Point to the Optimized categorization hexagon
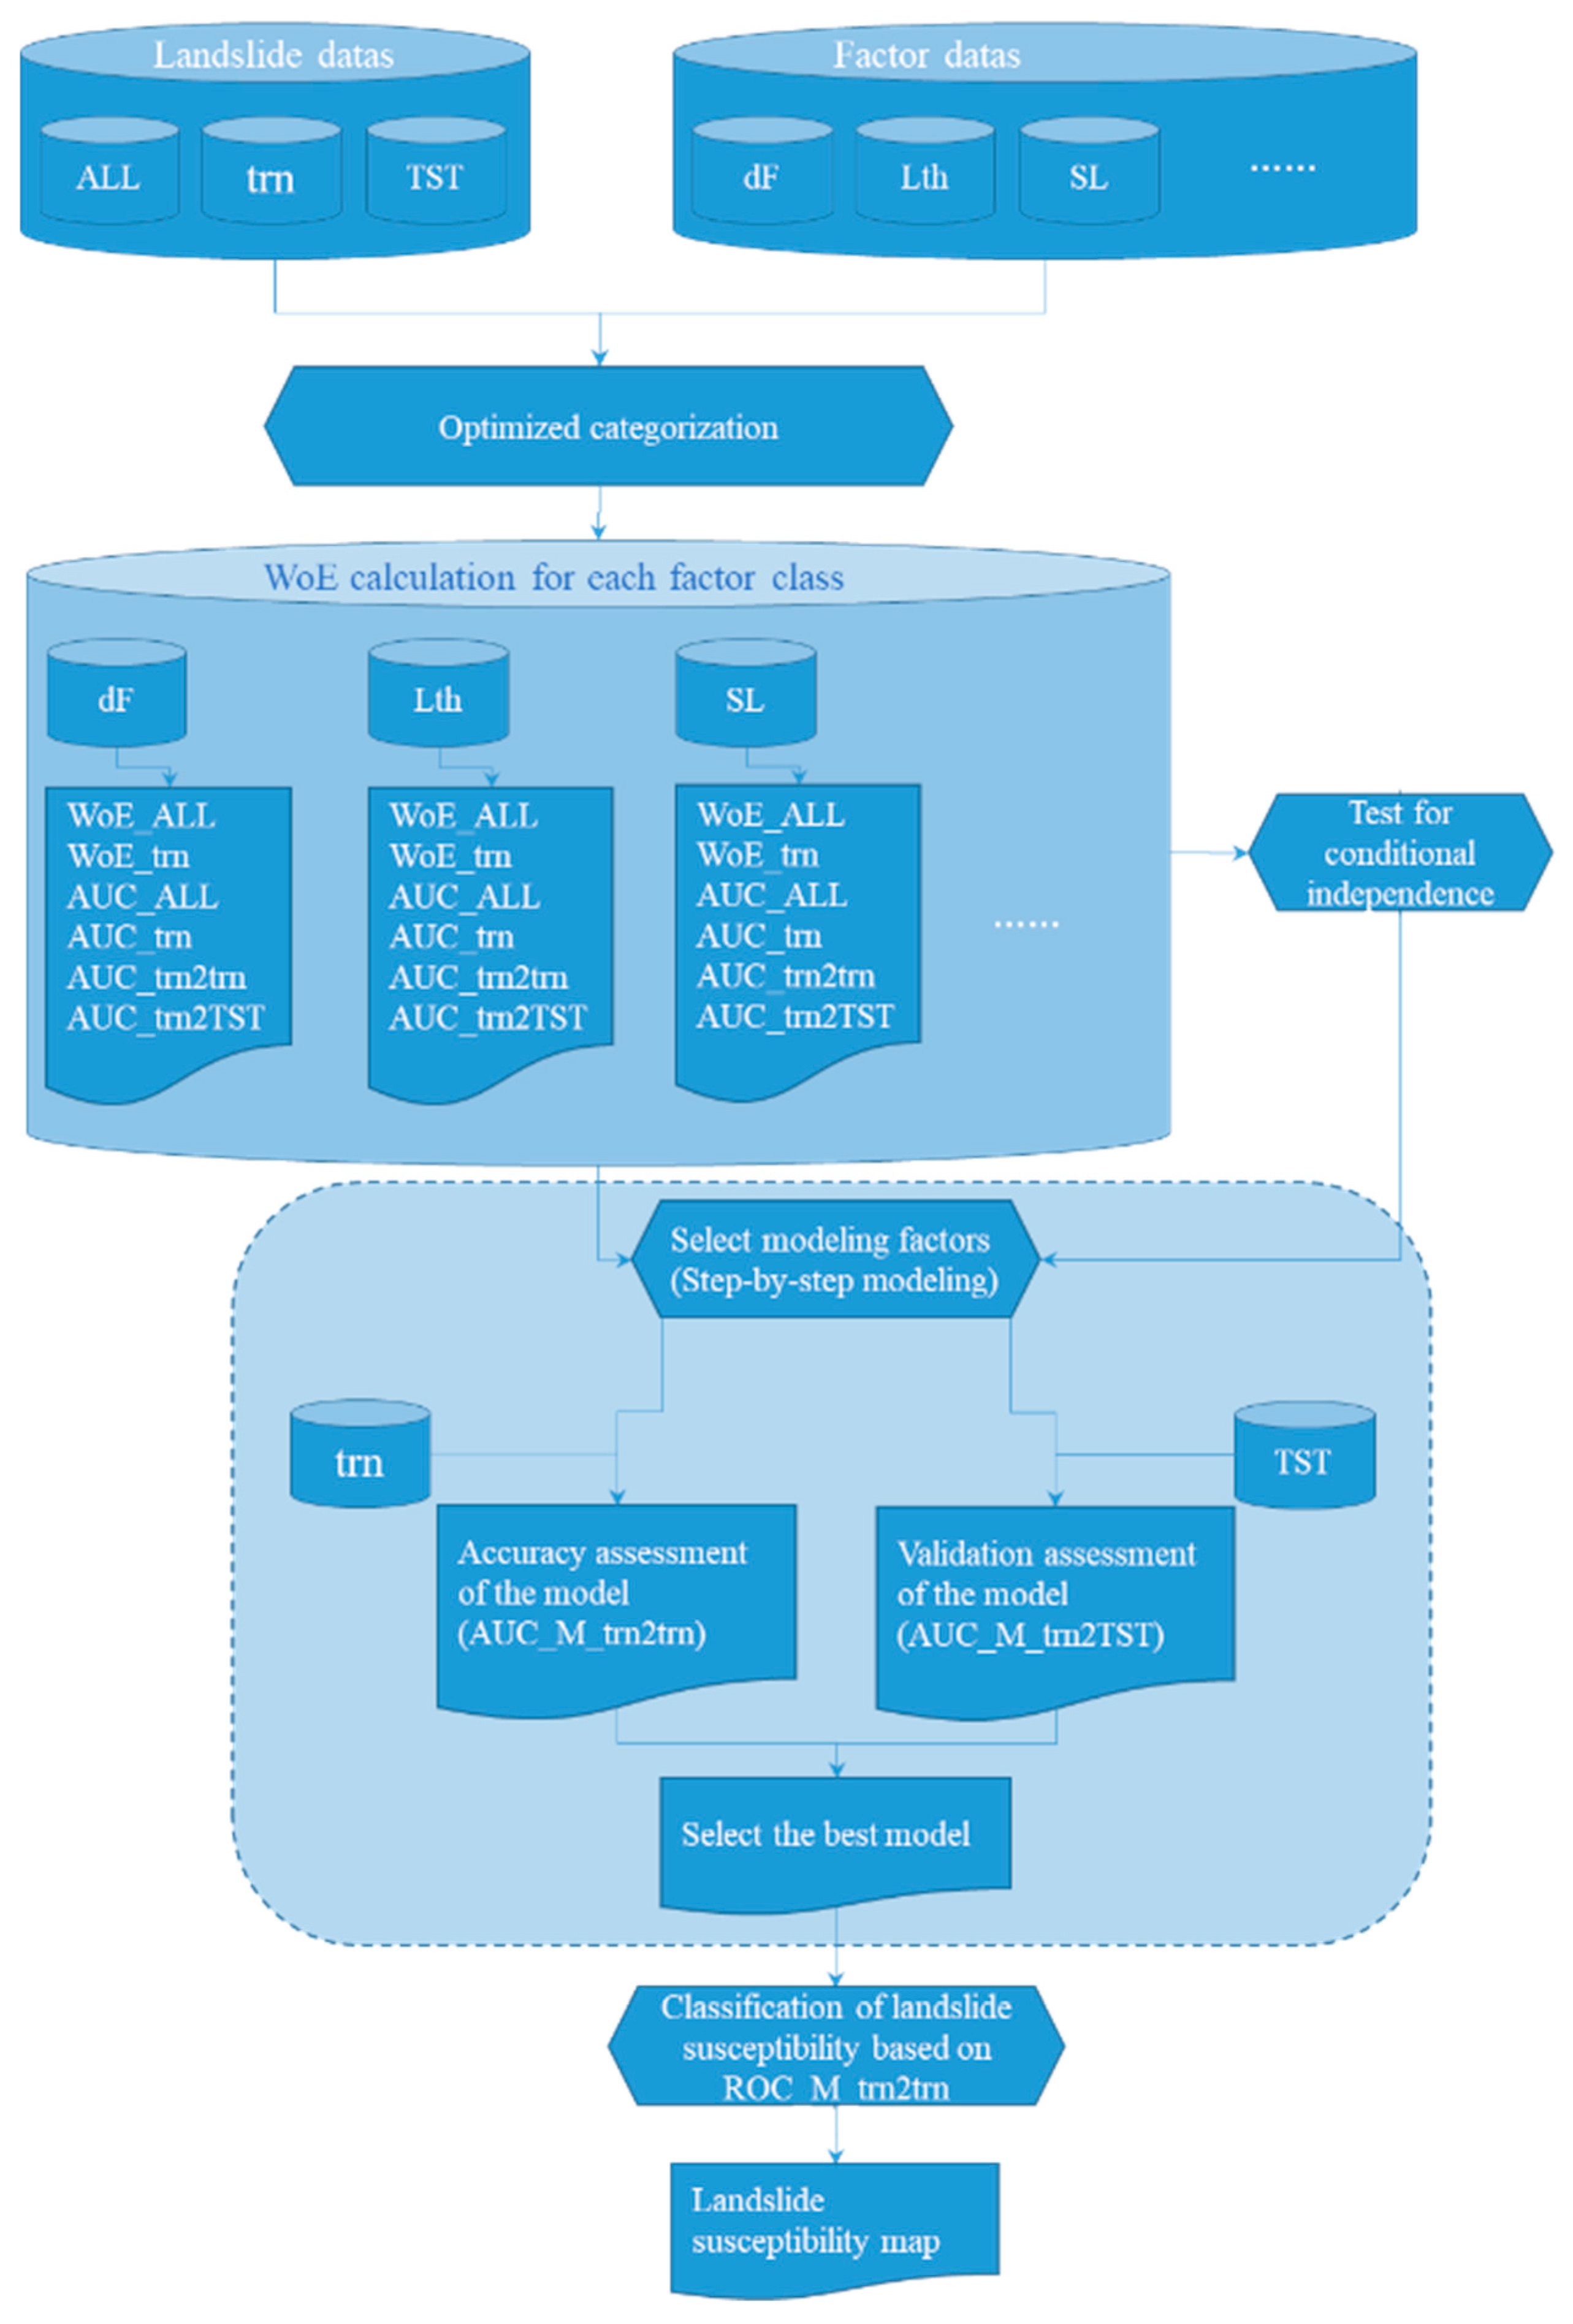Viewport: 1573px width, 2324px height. click(x=607, y=427)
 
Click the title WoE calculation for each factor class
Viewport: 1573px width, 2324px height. click(x=553, y=578)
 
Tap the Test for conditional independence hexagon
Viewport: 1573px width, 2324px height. click(x=1399, y=852)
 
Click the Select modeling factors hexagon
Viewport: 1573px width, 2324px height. click(x=834, y=1259)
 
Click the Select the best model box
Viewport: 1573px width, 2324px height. click(x=834, y=1833)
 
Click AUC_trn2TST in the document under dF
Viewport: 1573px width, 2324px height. click(x=166, y=1017)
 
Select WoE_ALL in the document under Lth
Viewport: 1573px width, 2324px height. click(x=463, y=815)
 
